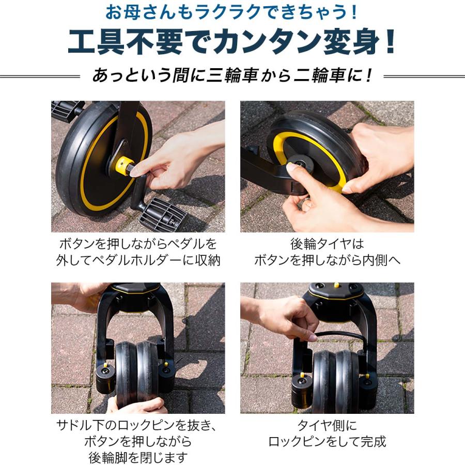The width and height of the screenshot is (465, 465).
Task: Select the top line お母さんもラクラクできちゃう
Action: (x=233, y=11)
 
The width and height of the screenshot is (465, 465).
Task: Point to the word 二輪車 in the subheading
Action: (x=321, y=76)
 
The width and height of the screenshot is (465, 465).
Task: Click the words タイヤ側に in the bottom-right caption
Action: (x=327, y=425)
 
